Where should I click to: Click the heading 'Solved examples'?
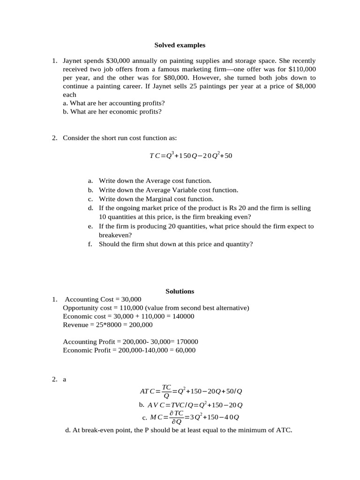[x=180, y=45]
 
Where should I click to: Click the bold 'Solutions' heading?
[x=180, y=291]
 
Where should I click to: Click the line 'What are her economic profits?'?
[x=112, y=112]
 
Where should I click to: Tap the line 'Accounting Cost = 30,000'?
[x=103, y=300]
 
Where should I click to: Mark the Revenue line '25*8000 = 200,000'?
[x=107, y=325]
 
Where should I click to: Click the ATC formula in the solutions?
[x=191, y=391]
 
